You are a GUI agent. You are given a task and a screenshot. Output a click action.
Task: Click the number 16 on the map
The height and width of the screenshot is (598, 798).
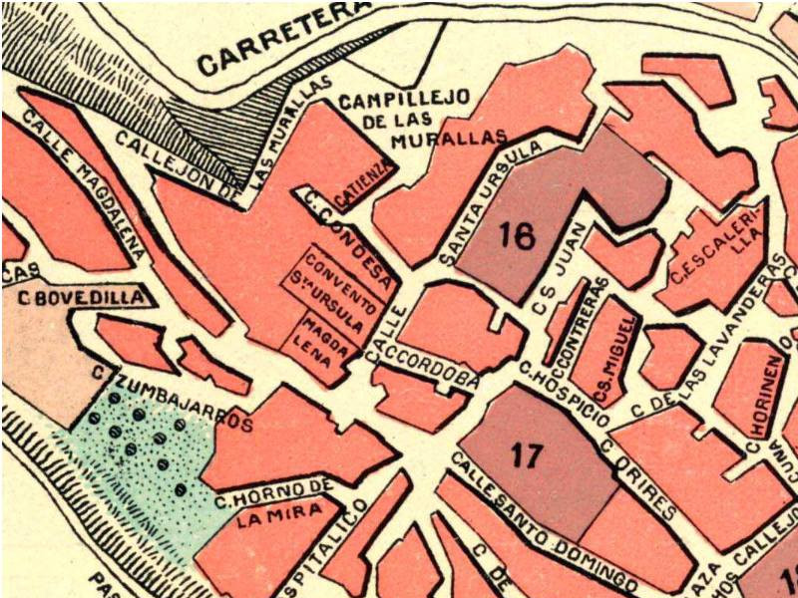[517, 236]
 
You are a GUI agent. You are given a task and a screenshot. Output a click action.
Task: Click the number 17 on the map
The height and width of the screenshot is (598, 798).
[526, 455]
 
